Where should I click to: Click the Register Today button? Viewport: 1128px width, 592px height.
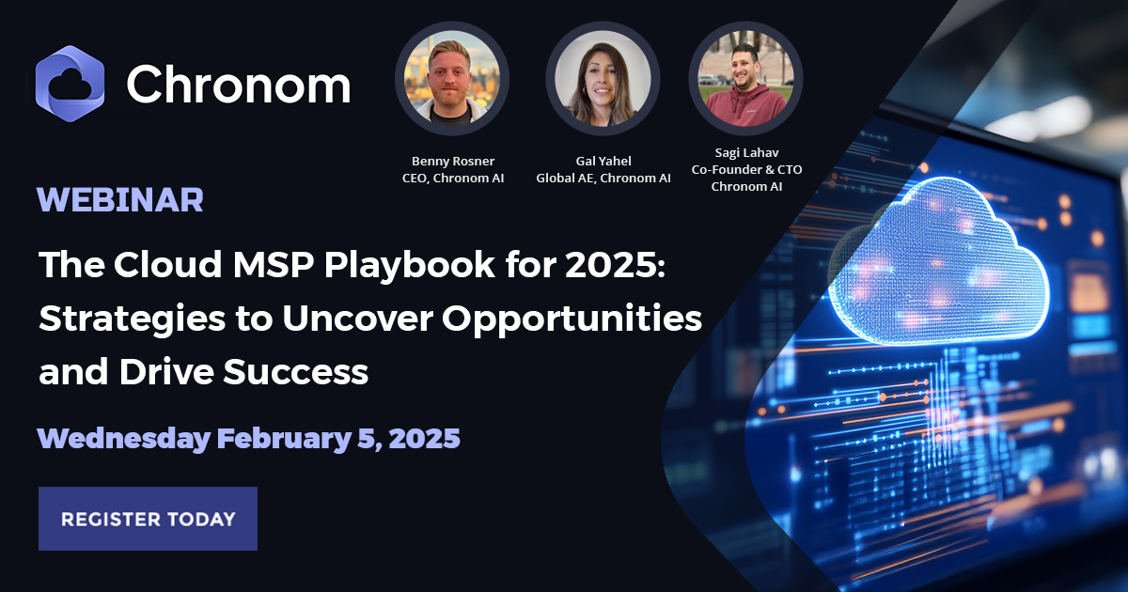point(148,519)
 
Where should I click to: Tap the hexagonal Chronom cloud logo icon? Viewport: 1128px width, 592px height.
point(70,84)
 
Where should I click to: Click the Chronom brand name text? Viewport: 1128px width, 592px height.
point(238,84)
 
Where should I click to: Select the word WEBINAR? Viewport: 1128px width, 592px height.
point(120,200)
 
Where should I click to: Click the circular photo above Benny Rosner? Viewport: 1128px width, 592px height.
point(452,79)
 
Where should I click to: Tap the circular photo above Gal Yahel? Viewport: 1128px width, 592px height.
point(603,79)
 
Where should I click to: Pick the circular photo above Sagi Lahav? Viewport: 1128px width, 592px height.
point(745,79)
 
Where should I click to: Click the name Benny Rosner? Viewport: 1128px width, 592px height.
point(453,161)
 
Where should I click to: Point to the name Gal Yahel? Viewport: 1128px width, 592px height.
point(603,161)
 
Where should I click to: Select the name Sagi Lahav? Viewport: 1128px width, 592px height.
point(746,152)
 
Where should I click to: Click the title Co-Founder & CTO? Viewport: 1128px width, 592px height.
point(746,170)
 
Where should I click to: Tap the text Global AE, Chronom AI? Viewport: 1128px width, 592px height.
point(603,179)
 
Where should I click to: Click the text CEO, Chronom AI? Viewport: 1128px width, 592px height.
point(453,179)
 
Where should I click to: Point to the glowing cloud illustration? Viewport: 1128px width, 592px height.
point(936,262)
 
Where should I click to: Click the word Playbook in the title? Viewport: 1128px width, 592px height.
point(410,265)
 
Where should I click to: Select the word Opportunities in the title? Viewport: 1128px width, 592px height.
point(572,319)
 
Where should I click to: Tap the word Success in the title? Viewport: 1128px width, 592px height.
point(295,372)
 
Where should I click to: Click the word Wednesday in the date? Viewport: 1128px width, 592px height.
point(124,439)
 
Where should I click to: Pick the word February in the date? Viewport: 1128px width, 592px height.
point(284,439)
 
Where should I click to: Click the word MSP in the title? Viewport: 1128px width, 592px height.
point(273,264)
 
